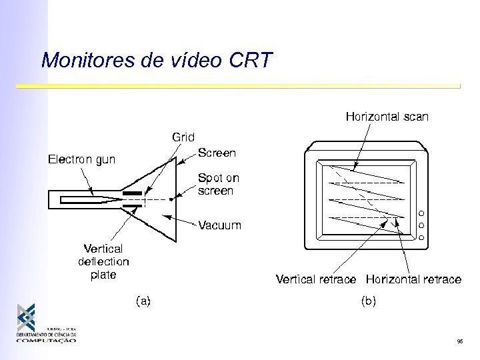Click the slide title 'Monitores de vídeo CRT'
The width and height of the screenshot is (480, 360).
(x=157, y=60)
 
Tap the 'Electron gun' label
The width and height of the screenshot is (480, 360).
(x=81, y=159)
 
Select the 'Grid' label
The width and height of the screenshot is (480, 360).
(x=183, y=137)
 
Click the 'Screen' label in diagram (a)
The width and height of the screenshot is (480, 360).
(x=217, y=153)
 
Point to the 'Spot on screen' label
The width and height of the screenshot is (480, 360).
(x=219, y=185)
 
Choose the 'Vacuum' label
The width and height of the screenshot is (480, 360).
(x=220, y=225)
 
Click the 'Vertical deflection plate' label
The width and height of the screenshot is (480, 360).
(x=103, y=261)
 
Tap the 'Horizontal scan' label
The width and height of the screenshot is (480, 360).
(x=387, y=117)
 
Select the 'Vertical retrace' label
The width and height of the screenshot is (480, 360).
(x=316, y=279)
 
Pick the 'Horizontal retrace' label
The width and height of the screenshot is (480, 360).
(x=413, y=279)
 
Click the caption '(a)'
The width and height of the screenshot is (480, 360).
(x=143, y=301)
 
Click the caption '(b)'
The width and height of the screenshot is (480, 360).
(x=368, y=301)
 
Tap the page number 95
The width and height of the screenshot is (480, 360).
(x=460, y=341)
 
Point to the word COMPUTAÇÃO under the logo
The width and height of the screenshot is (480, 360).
(x=46, y=340)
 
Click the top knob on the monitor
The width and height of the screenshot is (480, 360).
(x=421, y=213)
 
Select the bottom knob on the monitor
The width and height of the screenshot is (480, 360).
(x=421, y=237)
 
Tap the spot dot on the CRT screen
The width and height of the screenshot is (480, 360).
(x=171, y=199)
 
